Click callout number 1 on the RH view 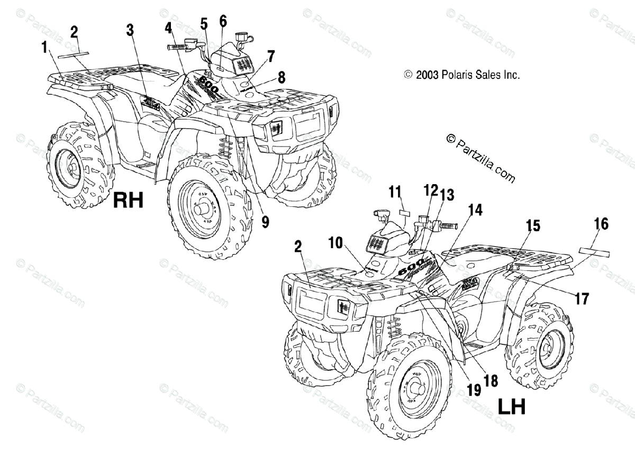click(44, 48)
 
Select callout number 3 click(130, 30)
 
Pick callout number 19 click(474, 390)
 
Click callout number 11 click(394, 192)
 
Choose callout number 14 click(475, 210)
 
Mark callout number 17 click(582, 299)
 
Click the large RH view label click(129, 201)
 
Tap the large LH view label click(511, 406)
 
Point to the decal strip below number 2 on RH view click(74, 53)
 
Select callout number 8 click(281, 77)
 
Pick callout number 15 click(533, 227)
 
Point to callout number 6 click(222, 22)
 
